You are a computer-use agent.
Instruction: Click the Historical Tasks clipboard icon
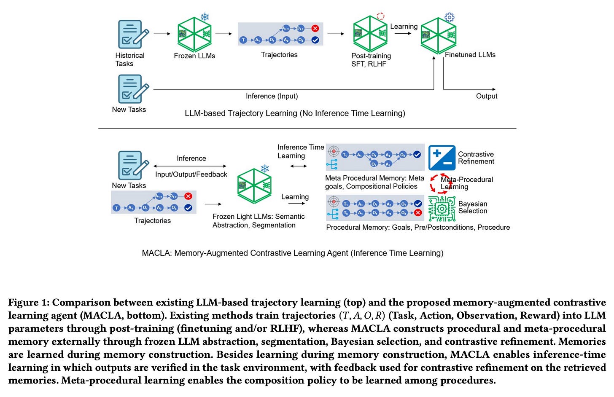click(x=133, y=34)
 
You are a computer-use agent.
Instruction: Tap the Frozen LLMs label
click(x=194, y=56)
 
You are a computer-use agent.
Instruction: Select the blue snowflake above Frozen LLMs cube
click(x=205, y=17)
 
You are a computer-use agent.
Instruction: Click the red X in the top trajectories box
click(x=315, y=28)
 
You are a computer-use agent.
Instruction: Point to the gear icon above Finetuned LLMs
click(x=450, y=17)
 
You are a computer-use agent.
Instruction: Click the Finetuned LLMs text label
click(x=470, y=55)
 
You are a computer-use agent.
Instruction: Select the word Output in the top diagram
click(x=487, y=96)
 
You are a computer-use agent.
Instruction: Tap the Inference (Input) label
click(x=272, y=96)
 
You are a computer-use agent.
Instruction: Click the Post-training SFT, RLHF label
click(x=371, y=60)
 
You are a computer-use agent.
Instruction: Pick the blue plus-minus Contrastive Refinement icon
click(x=442, y=158)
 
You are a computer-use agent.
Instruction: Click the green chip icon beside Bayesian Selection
click(x=442, y=208)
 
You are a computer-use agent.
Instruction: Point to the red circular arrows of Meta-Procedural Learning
click(x=439, y=183)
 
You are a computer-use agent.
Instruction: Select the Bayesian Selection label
click(x=473, y=207)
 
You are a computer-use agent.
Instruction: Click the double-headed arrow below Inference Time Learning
click(x=299, y=166)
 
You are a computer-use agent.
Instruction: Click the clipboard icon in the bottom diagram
click(x=133, y=165)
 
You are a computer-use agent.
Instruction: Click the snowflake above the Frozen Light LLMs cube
click(x=265, y=169)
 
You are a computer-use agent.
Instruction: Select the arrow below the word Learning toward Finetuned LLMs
click(x=403, y=33)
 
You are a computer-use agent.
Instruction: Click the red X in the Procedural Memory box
click(x=418, y=213)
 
